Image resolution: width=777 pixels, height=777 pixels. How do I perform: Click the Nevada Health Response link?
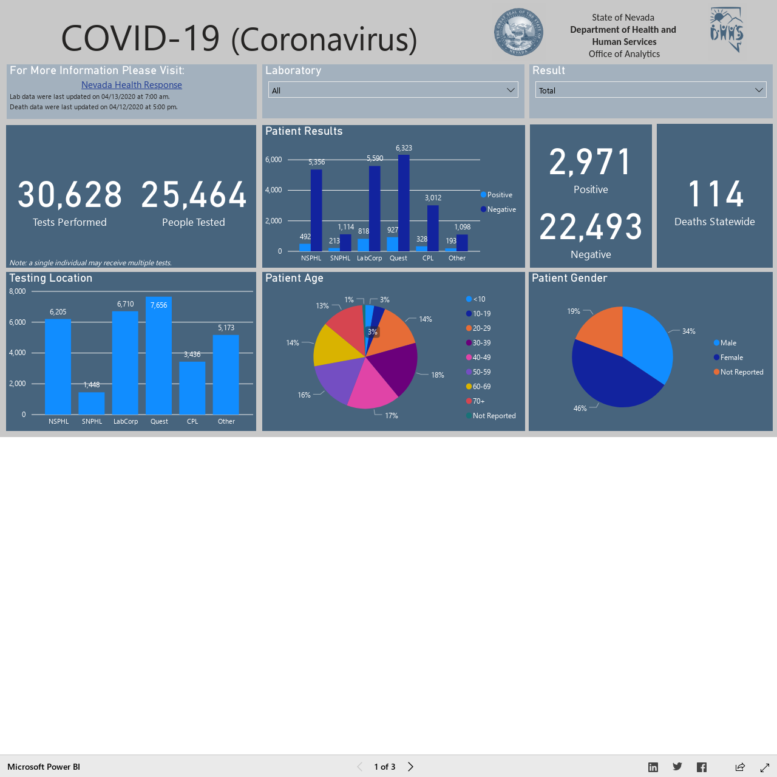click(132, 84)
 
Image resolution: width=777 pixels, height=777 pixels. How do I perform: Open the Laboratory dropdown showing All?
click(393, 90)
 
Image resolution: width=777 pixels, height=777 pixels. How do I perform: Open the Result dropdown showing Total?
click(650, 90)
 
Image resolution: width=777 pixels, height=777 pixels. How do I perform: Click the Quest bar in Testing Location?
click(159, 356)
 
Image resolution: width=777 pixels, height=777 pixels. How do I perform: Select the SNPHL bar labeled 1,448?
click(92, 403)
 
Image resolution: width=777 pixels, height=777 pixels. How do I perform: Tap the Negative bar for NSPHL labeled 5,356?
click(316, 210)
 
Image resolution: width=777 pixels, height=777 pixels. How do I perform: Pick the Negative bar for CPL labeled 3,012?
click(433, 228)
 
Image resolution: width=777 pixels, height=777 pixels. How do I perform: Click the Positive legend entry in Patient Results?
click(497, 195)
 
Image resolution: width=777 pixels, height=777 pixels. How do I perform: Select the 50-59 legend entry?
click(478, 372)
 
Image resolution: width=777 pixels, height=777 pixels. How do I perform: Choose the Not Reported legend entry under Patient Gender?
click(738, 372)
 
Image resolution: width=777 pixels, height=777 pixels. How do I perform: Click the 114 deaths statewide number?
click(715, 194)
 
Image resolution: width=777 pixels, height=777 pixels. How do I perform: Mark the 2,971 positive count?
click(590, 162)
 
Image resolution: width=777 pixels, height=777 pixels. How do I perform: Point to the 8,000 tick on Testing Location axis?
click(18, 291)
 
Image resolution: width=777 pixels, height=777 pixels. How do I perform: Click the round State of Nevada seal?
click(518, 32)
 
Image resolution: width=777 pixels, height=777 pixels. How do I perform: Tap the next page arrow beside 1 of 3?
click(410, 767)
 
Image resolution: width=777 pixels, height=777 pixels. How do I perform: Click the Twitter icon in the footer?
click(677, 767)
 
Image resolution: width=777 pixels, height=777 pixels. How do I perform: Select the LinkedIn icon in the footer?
click(653, 767)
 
